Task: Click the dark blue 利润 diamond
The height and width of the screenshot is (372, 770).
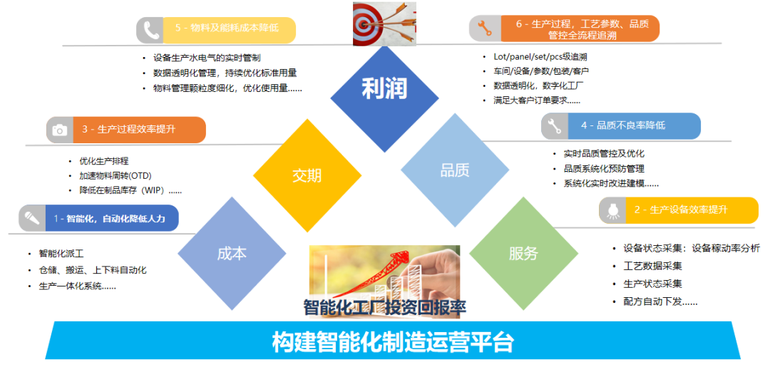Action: click(x=384, y=98)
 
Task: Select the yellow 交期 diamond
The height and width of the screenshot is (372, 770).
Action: click(x=307, y=175)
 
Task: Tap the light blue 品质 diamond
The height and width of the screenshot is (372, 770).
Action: click(x=455, y=170)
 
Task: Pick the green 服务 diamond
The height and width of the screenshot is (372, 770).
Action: click(x=523, y=253)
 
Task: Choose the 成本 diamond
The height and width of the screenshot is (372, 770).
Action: click(x=232, y=253)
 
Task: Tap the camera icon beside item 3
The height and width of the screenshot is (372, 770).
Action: click(x=59, y=130)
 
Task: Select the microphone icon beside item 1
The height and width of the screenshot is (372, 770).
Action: click(x=32, y=217)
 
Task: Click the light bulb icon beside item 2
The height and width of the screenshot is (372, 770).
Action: click(x=612, y=210)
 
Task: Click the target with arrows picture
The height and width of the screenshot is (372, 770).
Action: click(x=384, y=24)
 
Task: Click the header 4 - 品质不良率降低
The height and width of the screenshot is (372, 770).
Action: click(x=623, y=125)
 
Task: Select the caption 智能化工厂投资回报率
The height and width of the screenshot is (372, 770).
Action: click(x=384, y=307)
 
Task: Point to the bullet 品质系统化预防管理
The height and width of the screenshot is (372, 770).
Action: click(x=605, y=169)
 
